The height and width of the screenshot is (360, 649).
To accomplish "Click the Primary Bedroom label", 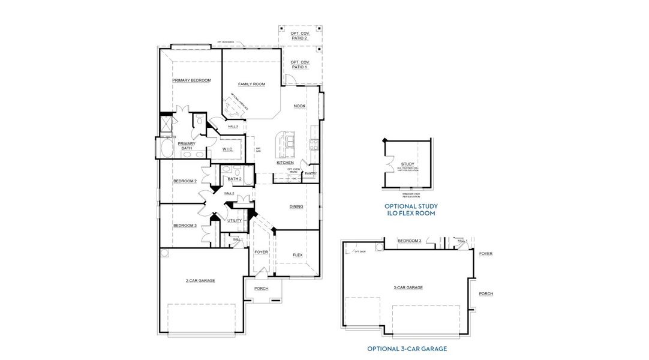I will click(x=191, y=80).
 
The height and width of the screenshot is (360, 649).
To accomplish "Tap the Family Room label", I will click(x=251, y=84).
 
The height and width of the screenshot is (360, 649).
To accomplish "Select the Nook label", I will click(x=299, y=106).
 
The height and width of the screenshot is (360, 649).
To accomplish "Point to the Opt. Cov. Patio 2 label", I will click(x=299, y=35).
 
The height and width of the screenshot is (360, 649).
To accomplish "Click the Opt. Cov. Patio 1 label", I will click(x=299, y=64).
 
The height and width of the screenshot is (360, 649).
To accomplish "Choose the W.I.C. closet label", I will click(x=228, y=149).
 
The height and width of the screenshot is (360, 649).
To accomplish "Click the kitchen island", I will click(x=287, y=142).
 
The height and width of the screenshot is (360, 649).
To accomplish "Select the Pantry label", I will click(x=310, y=173).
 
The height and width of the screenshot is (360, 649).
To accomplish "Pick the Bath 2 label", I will click(x=235, y=178).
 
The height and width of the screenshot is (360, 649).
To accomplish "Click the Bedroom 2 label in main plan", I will click(x=185, y=181).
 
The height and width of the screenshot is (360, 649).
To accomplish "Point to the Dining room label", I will click(x=296, y=206).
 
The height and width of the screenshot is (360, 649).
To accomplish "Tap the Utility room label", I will click(x=235, y=220).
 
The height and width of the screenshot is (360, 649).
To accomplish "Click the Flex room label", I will click(x=297, y=254).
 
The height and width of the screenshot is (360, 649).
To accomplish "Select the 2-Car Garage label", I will click(x=200, y=280).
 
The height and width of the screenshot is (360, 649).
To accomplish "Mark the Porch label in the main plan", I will click(x=261, y=289).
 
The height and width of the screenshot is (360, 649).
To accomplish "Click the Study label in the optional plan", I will click(x=408, y=164).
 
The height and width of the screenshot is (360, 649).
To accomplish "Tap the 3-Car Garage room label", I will click(x=408, y=287).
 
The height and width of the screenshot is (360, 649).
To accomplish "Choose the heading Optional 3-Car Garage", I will click(x=407, y=348).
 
